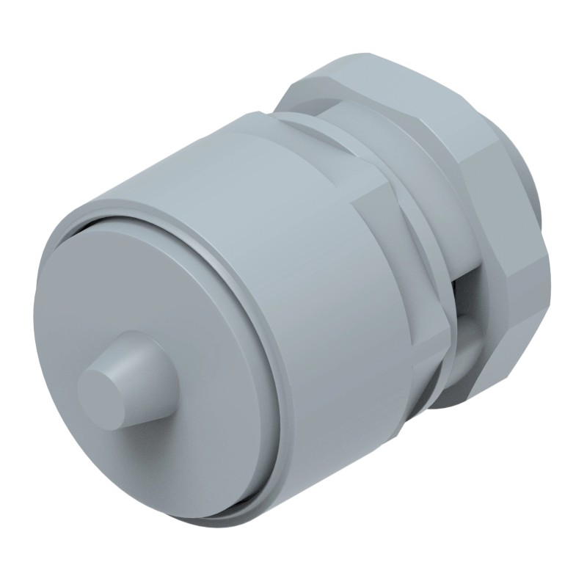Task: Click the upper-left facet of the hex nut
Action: click(301, 92)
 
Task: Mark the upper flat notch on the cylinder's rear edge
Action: click(382, 194)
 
